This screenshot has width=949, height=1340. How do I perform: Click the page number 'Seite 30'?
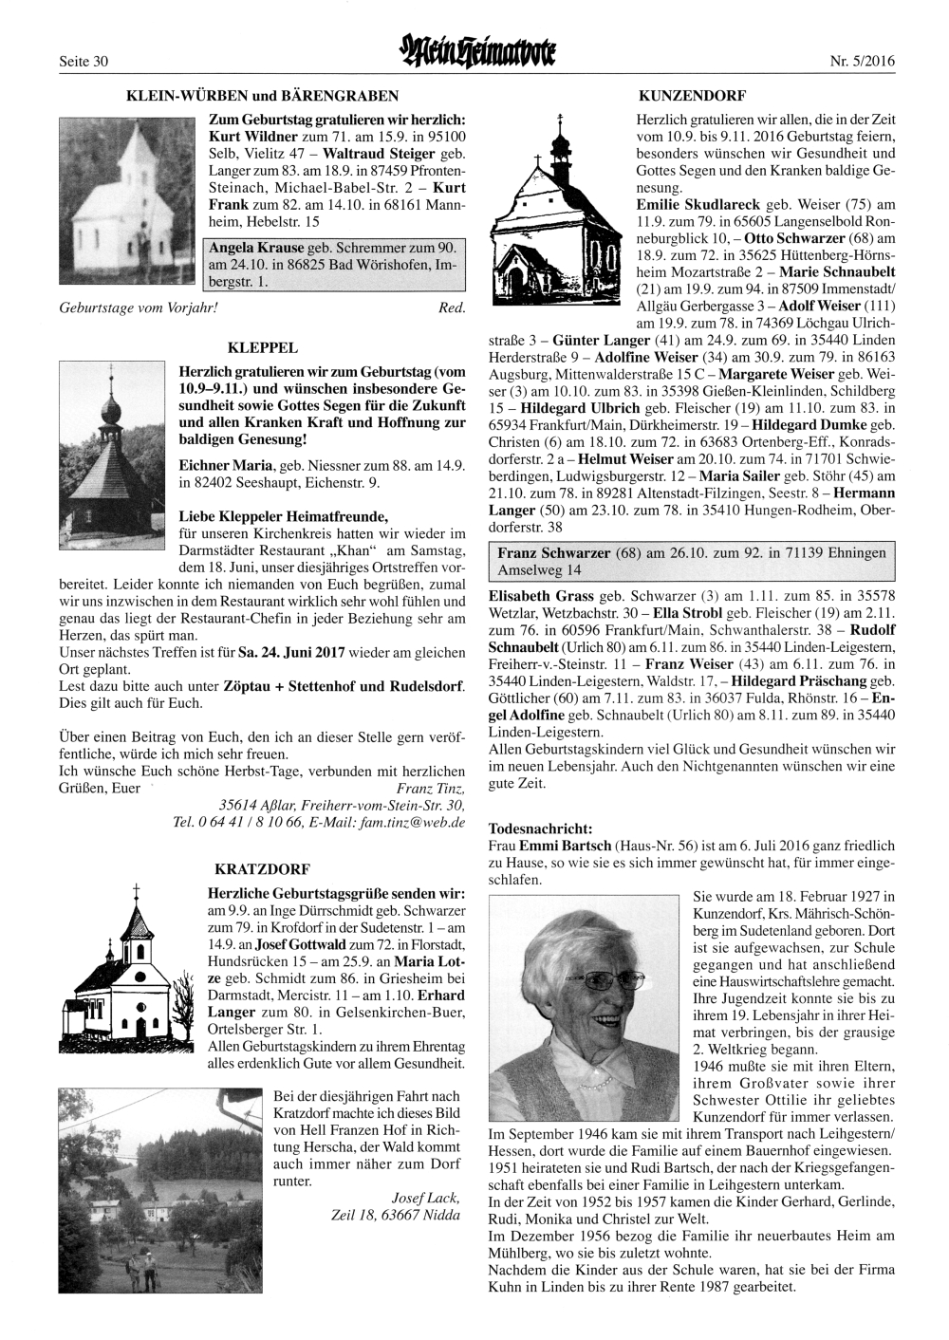[x=84, y=62]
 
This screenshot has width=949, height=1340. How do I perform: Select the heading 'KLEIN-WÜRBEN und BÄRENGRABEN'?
[x=256, y=96]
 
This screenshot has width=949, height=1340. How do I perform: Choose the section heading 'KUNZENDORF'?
[x=693, y=96]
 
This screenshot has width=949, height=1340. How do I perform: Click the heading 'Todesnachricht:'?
[x=539, y=828]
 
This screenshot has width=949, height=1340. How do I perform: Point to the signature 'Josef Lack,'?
[x=426, y=1198]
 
